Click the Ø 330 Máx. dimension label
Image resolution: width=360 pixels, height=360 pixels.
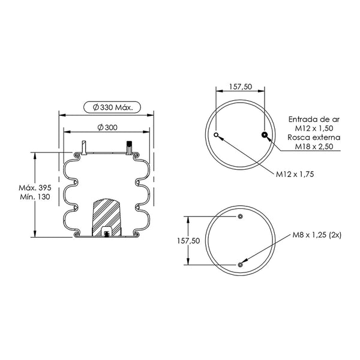(x=113, y=107)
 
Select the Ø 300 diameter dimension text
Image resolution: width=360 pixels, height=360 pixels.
(x=107, y=127)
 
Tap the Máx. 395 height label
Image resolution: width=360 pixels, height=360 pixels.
(x=35, y=188)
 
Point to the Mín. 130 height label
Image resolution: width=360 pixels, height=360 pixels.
(x=35, y=197)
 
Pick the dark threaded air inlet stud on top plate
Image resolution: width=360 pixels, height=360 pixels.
(x=129, y=148)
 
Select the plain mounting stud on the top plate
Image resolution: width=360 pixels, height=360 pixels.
(x=84, y=148)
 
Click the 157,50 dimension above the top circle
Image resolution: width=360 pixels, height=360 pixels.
(x=241, y=86)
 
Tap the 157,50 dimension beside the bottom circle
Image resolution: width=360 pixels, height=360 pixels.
(x=188, y=241)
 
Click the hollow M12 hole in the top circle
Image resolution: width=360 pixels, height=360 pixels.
(x=216, y=135)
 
